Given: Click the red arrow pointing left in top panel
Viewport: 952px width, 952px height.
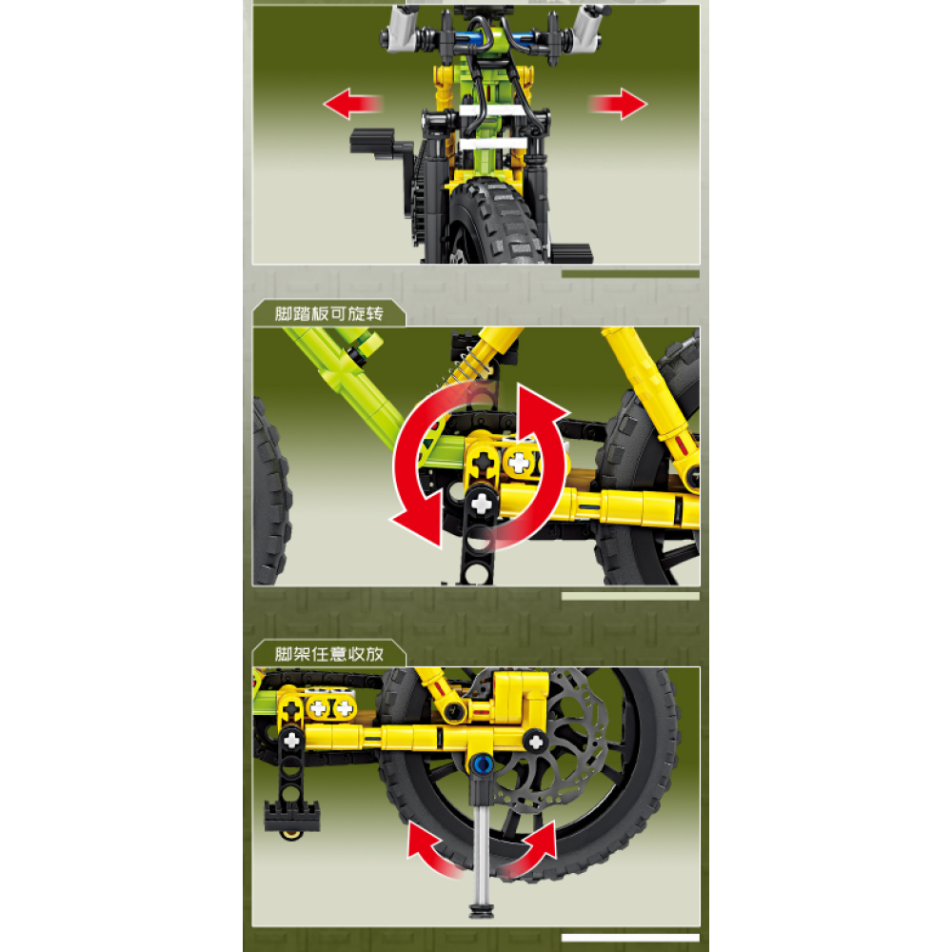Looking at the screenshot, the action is click(352, 103).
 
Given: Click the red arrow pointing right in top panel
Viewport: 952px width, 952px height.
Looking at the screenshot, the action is click(618, 103).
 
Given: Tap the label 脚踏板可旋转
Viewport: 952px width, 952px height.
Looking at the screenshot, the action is click(329, 313).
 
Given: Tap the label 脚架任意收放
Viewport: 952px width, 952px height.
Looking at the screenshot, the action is click(329, 653).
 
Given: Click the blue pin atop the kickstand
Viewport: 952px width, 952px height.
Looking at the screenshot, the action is click(483, 764).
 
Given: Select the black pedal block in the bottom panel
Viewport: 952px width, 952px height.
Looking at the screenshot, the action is click(292, 817).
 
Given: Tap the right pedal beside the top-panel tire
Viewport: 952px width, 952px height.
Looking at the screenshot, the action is click(570, 252).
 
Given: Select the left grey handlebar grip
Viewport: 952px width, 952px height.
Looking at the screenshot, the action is click(404, 28).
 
